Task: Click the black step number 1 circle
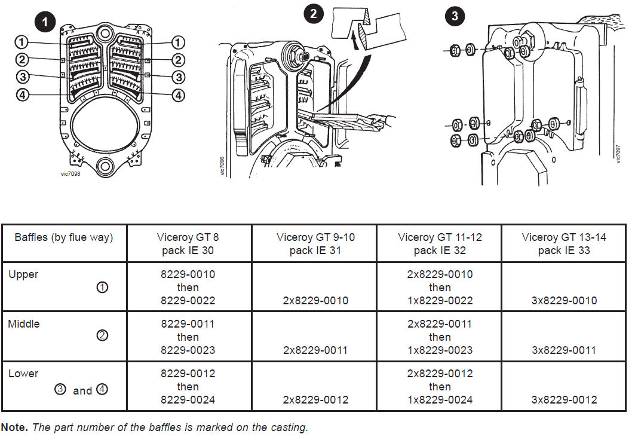click(x=45, y=23)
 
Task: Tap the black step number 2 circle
click(x=313, y=14)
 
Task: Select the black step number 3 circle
click(x=455, y=16)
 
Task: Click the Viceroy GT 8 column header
click(x=189, y=243)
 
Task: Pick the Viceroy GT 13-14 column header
click(x=563, y=243)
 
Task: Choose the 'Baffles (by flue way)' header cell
click(x=63, y=237)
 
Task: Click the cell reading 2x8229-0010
click(x=315, y=300)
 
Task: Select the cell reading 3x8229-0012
click(x=564, y=399)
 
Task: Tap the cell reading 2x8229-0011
click(x=315, y=350)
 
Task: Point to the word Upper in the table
click(x=23, y=274)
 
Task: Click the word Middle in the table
click(x=24, y=324)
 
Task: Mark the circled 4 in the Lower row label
click(x=102, y=390)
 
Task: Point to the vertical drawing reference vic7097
click(x=618, y=154)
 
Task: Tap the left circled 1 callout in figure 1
click(x=22, y=42)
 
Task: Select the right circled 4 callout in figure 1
click(x=178, y=95)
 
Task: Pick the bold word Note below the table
click(x=14, y=427)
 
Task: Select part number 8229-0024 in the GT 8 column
click(x=188, y=399)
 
